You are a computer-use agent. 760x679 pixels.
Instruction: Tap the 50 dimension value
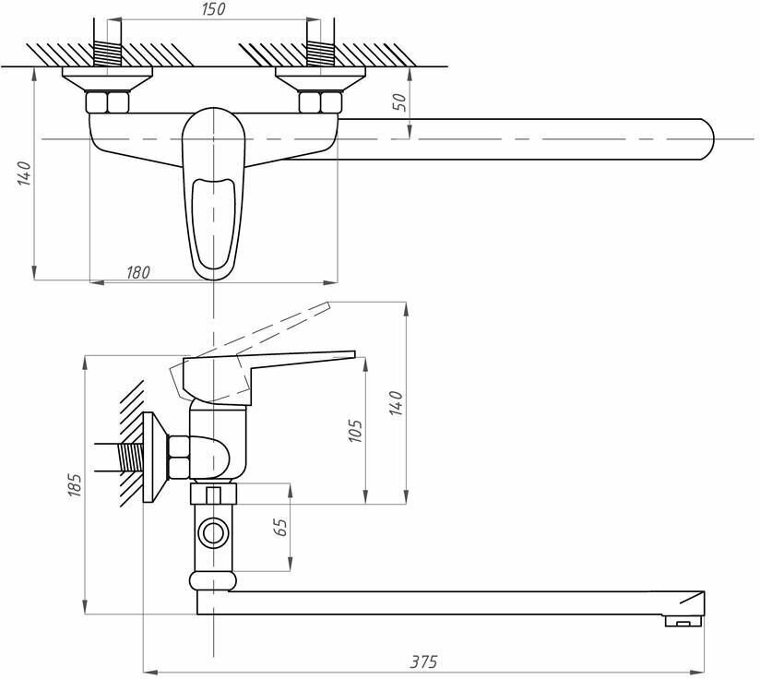pos(399,101)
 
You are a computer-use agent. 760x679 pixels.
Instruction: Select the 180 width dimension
pos(137,272)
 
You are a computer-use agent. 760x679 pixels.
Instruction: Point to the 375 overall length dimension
pos(424,661)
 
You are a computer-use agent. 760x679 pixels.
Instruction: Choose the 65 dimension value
pos(281,528)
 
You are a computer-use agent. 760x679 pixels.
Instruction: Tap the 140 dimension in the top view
pos(24,173)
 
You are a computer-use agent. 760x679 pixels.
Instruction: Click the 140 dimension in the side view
pos(397,403)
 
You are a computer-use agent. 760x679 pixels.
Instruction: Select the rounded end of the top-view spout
pos(706,138)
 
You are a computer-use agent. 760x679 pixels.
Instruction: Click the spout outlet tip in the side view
pos(683,623)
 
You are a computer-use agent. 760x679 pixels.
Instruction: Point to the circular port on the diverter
pos(214,532)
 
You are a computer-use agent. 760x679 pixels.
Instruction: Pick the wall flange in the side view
pos(153,459)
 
